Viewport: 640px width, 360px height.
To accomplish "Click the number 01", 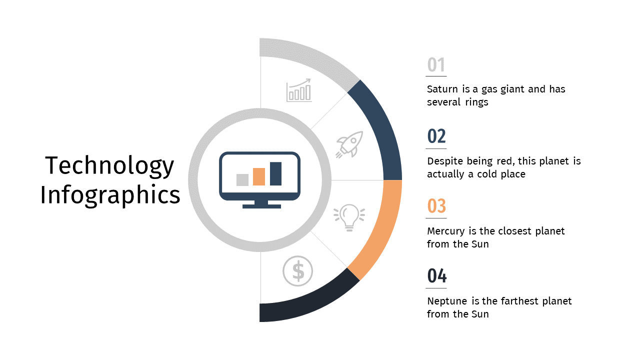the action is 436,64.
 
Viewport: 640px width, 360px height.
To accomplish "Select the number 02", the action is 436,136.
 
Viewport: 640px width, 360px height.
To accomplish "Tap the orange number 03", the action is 436,205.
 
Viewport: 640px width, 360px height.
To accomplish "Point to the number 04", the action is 437,275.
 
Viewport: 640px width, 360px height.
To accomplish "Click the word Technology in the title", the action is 109,165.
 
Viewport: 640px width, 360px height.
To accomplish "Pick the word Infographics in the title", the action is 110,195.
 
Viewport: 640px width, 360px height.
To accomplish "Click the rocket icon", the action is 349,144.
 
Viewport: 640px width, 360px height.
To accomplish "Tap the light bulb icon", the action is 349,217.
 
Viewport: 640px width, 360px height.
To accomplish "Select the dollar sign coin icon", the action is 297,271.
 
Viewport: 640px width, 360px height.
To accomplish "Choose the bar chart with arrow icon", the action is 299,90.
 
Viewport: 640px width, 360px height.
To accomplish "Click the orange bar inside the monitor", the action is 259,177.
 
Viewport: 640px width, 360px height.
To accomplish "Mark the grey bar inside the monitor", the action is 242,180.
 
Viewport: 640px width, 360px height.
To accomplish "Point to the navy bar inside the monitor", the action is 275,173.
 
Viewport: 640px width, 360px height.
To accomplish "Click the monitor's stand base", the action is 261,206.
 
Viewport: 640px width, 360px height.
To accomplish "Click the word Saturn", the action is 442,89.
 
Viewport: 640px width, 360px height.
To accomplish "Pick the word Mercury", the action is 446,231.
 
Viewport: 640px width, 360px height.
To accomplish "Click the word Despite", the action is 445,161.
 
